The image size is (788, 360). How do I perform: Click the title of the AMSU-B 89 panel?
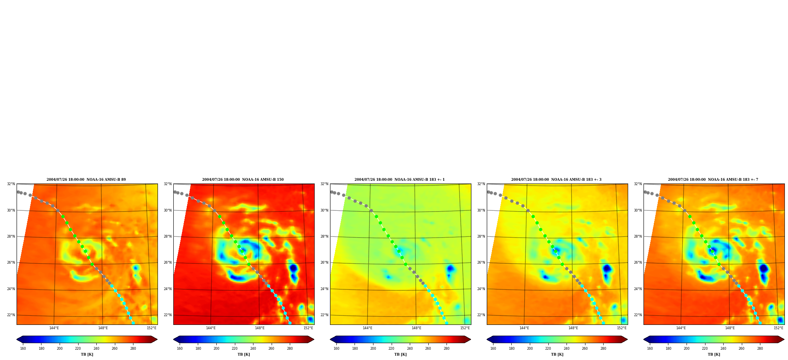(86, 180)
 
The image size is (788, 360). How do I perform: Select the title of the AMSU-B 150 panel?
(243, 180)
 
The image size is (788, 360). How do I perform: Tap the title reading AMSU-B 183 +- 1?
(400, 180)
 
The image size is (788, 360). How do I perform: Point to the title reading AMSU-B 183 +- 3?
(556, 180)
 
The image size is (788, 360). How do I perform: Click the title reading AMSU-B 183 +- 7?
(713, 180)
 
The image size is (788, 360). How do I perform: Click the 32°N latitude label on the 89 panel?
(11, 184)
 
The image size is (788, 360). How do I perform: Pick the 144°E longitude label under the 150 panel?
(211, 328)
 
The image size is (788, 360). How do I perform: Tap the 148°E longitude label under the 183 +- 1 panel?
(417, 328)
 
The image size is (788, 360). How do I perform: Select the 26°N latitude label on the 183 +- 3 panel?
(481, 262)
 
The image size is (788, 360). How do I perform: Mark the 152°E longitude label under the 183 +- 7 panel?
(779, 328)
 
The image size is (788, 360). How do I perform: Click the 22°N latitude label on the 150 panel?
(167, 315)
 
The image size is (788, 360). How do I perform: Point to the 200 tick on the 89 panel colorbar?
(60, 349)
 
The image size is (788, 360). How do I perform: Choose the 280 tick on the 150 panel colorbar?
(290, 349)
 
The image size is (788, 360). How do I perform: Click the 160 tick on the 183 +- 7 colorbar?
(650, 349)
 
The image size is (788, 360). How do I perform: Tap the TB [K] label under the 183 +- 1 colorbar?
(400, 354)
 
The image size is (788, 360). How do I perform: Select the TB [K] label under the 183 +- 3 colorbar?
(557, 354)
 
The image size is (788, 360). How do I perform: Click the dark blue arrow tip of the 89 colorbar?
(17, 339)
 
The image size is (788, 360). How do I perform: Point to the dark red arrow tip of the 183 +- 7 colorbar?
(784, 339)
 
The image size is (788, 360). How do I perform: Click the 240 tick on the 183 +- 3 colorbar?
(567, 349)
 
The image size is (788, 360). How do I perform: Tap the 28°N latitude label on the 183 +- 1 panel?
(324, 236)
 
